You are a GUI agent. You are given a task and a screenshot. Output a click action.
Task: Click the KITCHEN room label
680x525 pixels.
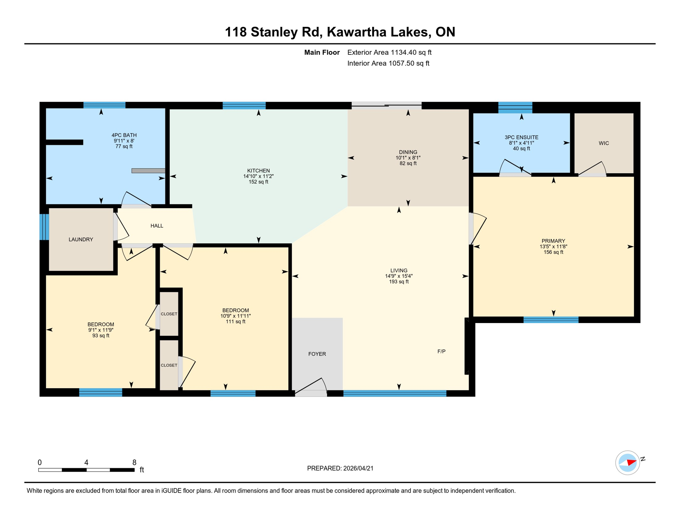258,171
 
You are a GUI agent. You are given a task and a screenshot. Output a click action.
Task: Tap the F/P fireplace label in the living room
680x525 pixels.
441,351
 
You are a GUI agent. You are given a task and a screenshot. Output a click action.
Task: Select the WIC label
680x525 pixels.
603,143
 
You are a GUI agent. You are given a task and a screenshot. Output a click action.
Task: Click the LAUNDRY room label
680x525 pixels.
81,239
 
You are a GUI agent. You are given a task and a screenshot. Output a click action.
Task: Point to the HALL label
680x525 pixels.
157,226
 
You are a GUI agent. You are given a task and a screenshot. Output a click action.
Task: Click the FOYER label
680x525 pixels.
317,354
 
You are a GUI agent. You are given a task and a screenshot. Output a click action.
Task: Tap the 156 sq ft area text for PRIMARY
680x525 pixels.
553,252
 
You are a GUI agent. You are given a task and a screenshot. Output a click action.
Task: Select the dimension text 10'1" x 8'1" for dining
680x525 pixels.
408,158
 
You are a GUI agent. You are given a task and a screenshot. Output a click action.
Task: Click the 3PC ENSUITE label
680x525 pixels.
521,137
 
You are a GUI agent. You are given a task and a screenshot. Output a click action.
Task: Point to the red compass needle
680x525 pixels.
631,462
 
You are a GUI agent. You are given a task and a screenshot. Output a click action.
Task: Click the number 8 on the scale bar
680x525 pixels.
134,462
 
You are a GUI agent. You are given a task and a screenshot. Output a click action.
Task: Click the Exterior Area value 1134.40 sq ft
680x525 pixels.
411,52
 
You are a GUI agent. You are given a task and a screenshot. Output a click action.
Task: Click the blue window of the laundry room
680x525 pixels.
44,227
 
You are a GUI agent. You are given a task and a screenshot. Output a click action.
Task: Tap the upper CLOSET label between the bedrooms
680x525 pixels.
169,314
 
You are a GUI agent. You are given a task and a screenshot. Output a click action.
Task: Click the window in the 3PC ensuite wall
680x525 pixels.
515,107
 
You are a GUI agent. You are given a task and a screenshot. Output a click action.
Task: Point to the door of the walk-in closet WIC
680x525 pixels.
593,169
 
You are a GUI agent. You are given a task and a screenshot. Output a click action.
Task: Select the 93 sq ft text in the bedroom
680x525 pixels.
101,336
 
